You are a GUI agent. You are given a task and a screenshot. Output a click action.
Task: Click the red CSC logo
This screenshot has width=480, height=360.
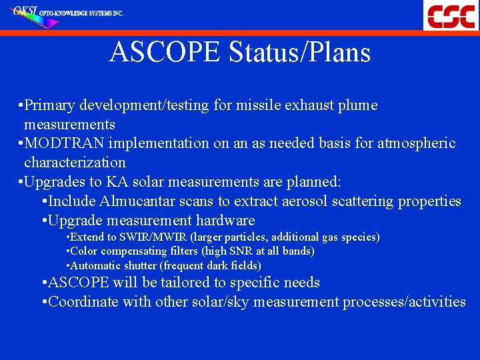(451, 15)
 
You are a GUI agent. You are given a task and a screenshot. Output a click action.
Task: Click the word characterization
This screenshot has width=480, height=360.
(75, 162)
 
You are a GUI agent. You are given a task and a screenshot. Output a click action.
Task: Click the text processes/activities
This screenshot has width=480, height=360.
(404, 302)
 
